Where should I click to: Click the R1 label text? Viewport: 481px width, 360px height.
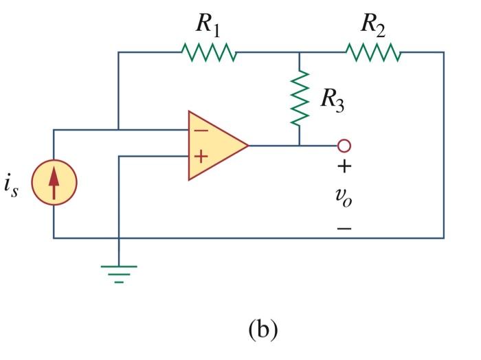tap(208, 25)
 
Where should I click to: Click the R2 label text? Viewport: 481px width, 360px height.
tap(374, 25)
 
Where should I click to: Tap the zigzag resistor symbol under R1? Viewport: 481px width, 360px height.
tap(209, 52)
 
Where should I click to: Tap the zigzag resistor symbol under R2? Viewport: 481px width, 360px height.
tap(373, 52)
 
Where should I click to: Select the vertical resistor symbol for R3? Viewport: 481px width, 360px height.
tap(300, 97)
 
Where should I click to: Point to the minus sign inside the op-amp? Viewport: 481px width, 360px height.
tap(200, 131)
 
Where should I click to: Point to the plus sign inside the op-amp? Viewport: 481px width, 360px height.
tap(200, 157)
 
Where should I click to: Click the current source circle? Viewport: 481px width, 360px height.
tap(54, 183)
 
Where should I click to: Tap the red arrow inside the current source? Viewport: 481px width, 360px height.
tap(54, 183)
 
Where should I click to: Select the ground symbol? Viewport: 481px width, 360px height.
tap(119, 272)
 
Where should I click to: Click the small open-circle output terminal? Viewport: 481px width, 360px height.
tap(344, 146)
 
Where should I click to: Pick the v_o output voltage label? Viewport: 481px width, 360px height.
tap(344, 196)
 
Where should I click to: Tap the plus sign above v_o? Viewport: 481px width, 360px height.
tap(344, 167)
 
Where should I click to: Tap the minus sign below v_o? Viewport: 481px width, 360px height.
tap(344, 227)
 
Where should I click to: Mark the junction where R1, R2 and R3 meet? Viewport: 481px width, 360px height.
tap(300, 52)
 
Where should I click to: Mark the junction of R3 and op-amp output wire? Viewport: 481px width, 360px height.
tap(300, 146)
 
